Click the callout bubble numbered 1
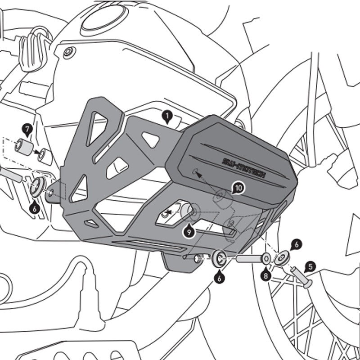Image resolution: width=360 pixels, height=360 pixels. [x=167, y=118]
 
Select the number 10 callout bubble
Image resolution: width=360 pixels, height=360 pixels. [x=238, y=188]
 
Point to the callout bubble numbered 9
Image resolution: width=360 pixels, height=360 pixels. [x=189, y=232]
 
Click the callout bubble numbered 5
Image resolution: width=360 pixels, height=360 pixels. [x=311, y=267]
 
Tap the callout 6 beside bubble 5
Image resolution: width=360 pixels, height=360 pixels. [x=295, y=244]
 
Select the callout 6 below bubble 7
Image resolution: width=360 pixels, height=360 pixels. [x=35, y=208]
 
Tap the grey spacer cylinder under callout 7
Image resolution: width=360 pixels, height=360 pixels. [x=23, y=146]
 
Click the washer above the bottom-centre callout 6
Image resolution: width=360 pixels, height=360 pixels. [x=220, y=257]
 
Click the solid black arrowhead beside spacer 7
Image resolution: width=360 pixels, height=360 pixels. [x=38, y=153]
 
